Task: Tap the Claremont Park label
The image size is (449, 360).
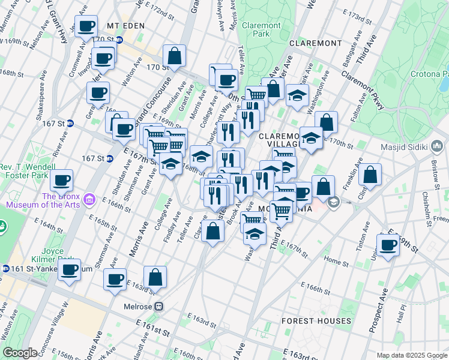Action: [x=261, y=30]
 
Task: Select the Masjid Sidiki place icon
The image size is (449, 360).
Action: [x=438, y=146]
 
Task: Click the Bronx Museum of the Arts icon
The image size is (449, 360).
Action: [x=89, y=199]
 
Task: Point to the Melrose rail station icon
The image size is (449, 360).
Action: [x=159, y=306]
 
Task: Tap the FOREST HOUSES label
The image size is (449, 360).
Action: [x=316, y=321]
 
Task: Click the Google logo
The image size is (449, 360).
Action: [x=20, y=353]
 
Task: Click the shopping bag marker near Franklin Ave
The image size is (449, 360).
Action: [x=371, y=175]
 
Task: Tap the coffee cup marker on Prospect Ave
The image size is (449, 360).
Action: [x=388, y=244]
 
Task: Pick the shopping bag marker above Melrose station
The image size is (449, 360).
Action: [x=155, y=277]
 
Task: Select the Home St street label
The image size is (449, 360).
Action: [x=331, y=260]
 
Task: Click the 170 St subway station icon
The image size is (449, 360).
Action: [x=119, y=40]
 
